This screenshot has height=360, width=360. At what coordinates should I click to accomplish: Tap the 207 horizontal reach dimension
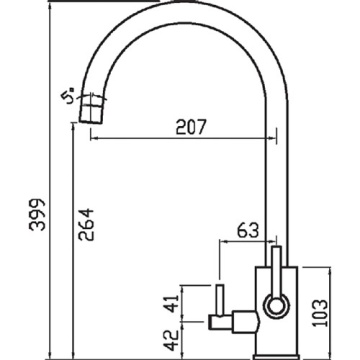(184, 128)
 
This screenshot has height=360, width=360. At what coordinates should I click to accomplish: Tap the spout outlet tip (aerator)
(91, 107)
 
